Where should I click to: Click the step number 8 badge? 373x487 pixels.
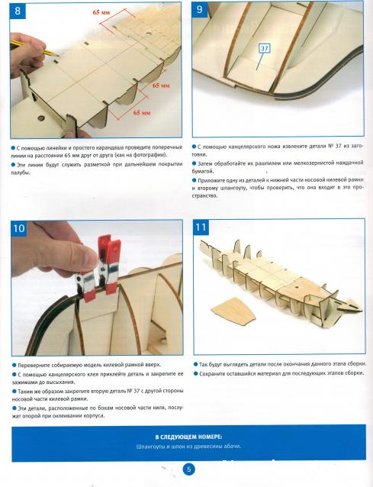[18, 11]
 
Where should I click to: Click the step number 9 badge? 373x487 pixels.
[200, 10]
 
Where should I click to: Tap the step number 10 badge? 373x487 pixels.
[19, 228]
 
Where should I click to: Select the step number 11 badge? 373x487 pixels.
[201, 227]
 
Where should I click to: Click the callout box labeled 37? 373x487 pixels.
[265, 48]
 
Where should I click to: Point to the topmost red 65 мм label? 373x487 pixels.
[101, 12]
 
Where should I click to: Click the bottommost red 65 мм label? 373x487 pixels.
[142, 113]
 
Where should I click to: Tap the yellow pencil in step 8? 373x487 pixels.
[34, 47]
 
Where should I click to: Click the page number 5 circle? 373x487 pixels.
[188, 469]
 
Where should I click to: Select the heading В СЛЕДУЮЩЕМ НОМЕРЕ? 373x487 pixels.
[188, 437]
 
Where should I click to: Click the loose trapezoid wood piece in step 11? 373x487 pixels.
[233, 311]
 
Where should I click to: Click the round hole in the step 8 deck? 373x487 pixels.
[41, 118]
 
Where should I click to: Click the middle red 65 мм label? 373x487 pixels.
[161, 85]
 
